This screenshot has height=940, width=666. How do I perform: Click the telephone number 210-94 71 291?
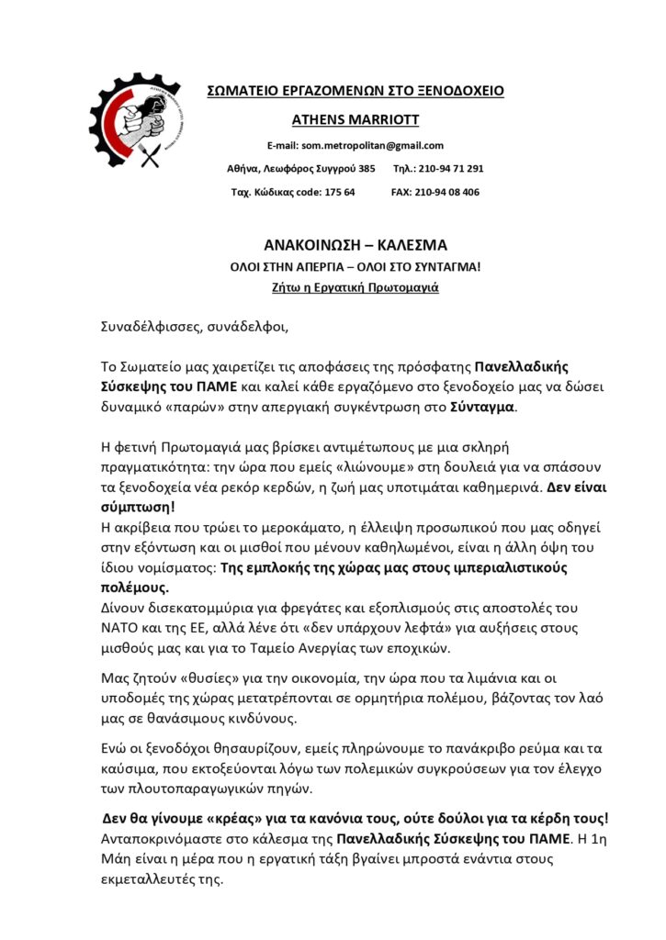[451, 169]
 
